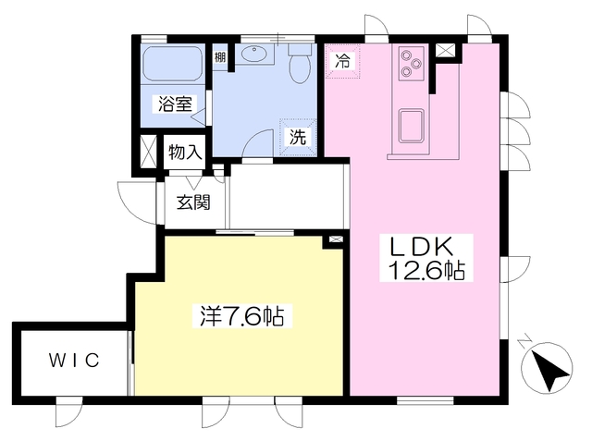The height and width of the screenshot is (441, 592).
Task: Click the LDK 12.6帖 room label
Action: click(426, 259)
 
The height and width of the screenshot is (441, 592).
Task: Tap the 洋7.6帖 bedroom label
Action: click(241, 316)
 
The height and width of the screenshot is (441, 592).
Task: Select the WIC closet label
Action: click(74, 360)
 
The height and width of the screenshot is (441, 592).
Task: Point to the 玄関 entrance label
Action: click(193, 203)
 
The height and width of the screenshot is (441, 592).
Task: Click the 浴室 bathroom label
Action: click(175, 104)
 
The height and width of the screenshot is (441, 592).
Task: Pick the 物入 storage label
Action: click(185, 153)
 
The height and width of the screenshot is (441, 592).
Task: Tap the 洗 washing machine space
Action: click(298, 138)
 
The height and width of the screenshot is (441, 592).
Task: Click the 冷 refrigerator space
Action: click(343, 61)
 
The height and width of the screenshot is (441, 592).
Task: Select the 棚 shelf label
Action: click(220, 57)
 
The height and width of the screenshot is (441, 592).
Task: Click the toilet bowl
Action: click(300, 64)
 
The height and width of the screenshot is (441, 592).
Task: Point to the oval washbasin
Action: click(254, 54)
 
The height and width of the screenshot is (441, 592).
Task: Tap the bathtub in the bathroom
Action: click(173, 63)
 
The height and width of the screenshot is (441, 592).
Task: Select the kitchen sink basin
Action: click(412, 126)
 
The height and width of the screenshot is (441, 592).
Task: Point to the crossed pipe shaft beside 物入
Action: click(148, 152)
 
